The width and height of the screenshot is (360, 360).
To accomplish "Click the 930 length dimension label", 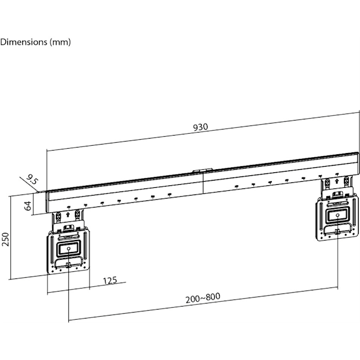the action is coord(200,127).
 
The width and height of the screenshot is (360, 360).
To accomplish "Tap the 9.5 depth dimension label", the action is coord(32,179).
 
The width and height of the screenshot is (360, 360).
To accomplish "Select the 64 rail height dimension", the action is coord(28,205).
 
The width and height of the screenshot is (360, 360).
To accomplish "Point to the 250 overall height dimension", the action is coord(5,239).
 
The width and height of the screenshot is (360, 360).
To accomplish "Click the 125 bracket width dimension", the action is coord(110,280).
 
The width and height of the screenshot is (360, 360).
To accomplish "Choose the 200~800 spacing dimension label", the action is coord(203,298).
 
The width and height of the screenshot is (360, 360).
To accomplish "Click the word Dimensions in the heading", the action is coord(23,42).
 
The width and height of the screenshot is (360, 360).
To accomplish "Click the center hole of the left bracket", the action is coord(68,248).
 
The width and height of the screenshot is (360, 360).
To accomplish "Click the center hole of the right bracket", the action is coord(337,215).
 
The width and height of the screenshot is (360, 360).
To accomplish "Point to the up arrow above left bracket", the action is coord(68,215).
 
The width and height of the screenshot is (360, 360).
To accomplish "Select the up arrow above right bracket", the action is coord(337,181).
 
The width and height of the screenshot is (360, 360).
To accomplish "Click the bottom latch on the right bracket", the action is coord(337,232).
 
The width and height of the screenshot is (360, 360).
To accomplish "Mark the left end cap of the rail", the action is coord(47,202).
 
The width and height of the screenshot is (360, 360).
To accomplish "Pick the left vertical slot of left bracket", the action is coord(52,250).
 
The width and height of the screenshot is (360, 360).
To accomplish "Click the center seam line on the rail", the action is coord(203,183).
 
